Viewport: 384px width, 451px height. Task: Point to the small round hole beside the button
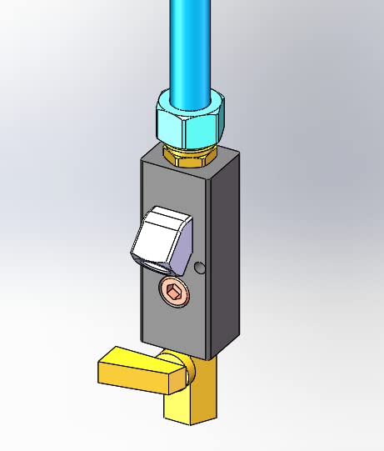pos(198,268)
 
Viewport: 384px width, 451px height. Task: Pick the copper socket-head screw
pos(172,292)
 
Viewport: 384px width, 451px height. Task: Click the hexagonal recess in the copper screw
pos(172,292)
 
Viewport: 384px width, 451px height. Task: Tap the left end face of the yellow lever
pos(103,374)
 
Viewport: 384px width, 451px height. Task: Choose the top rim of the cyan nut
pos(190,98)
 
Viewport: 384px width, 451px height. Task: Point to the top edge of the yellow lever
pos(133,357)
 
